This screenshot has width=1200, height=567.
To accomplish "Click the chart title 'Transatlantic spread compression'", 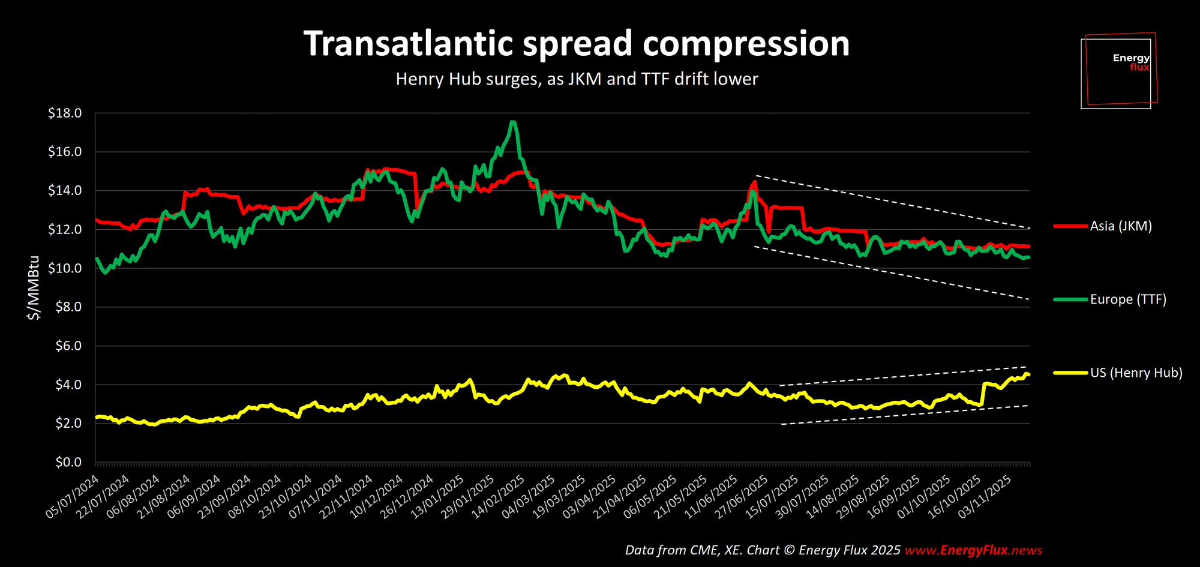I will click(576, 44).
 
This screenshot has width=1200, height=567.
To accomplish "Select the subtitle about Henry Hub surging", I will click(577, 79).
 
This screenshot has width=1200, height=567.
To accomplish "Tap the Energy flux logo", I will click(1118, 71).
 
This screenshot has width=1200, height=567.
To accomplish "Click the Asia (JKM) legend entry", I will click(1120, 226).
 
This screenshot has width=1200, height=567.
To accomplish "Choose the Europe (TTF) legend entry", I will click(1127, 299).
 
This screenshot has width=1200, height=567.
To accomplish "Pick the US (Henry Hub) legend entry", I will click(1135, 373).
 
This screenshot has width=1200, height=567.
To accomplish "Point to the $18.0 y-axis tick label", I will click(65, 113).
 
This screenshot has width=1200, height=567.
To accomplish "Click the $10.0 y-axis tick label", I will click(65, 268).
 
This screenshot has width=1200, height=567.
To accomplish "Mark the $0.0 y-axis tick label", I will click(68, 462).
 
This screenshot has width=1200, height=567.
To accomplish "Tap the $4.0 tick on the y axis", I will click(68, 385).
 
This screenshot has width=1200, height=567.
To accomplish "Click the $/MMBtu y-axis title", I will click(34, 288).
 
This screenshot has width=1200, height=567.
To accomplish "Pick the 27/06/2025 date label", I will click(743, 496).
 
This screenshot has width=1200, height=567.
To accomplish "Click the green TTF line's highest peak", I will click(512, 122).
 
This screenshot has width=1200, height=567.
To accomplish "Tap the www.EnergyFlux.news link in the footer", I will click(973, 550).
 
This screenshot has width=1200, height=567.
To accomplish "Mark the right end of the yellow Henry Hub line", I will click(1028, 374).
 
